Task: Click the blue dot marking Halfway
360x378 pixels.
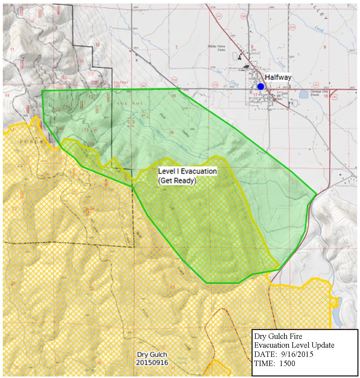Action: click(x=260, y=86)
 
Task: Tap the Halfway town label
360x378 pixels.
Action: click(x=278, y=77)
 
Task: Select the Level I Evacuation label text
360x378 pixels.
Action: click(x=187, y=171)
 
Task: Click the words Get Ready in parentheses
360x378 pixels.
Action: click(x=177, y=181)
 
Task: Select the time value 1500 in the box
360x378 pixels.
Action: click(x=287, y=363)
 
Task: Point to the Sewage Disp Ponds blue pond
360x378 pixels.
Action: click(x=304, y=94)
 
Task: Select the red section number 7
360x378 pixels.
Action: click(x=176, y=47)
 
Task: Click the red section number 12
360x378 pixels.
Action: click(x=98, y=45)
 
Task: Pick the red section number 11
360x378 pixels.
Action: click(x=12, y=49)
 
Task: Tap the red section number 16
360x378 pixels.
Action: click(x=326, y=96)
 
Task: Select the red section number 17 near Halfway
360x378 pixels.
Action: click(x=255, y=94)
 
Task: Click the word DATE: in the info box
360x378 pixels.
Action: click(x=263, y=354)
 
